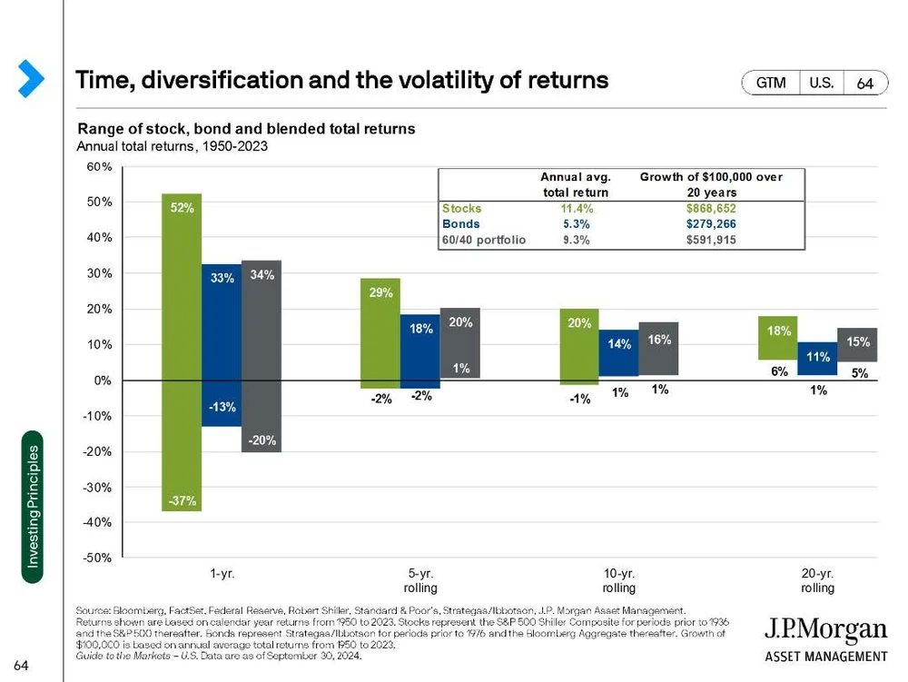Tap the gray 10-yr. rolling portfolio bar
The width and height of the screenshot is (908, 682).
point(659,349)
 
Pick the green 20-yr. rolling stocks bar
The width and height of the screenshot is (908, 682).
point(778,338)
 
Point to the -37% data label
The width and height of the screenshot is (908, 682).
point(182,501)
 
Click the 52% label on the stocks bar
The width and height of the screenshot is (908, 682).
point(183,208)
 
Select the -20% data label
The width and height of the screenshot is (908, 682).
point(261,440)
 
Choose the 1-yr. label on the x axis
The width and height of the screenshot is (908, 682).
point(222,574)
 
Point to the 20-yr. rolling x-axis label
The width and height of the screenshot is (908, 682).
point(817,581)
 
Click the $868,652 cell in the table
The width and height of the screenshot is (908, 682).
point(711,208)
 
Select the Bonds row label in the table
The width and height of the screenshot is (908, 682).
point(461,224)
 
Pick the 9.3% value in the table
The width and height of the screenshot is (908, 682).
point(575,241)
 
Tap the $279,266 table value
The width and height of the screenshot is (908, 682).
point(711,224)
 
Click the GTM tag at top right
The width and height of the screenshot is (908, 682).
point(771,83)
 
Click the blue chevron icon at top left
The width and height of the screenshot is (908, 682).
point(31,78)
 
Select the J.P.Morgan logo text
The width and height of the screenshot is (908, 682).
point(824,630)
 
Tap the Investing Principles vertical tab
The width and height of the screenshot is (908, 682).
point(33,507)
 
